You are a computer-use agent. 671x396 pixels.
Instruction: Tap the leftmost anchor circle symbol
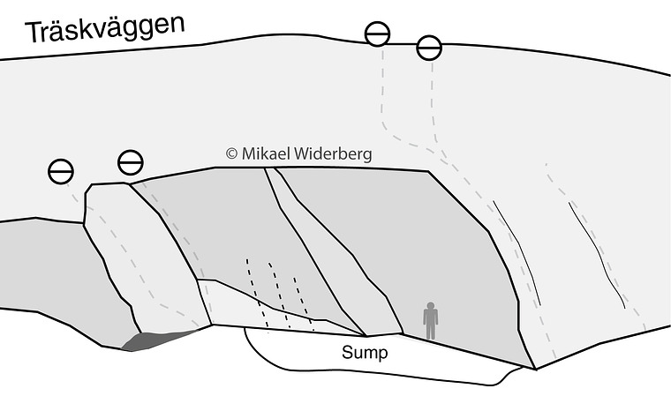click(61, 172)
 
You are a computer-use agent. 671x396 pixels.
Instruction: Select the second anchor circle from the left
click(130, 162)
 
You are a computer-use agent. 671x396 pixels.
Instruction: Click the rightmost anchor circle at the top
click(429, 48)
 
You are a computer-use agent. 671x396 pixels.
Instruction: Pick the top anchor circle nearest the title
click(378, 34)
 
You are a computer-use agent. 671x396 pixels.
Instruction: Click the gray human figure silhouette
click(430, 321)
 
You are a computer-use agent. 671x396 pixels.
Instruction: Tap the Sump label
click(366, 355)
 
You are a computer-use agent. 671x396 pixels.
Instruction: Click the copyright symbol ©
click(232, 153)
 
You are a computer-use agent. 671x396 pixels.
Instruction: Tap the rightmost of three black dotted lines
click(304, 303)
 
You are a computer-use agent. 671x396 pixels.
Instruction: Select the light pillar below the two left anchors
click(146, 256)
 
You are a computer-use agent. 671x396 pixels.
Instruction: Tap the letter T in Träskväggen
click(35, 33)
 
